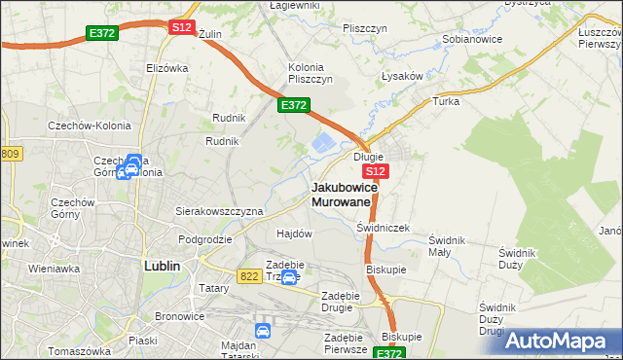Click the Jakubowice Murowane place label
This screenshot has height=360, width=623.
pos(341,194)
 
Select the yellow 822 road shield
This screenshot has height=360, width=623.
pos(248,277)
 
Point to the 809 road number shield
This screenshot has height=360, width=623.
pos(11,154)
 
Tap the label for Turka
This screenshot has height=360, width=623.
pos(446,101)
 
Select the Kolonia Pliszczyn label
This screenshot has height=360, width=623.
pos(311,73)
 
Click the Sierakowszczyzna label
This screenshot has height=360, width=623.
pos(219,210)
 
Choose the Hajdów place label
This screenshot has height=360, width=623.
pos(294,234)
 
